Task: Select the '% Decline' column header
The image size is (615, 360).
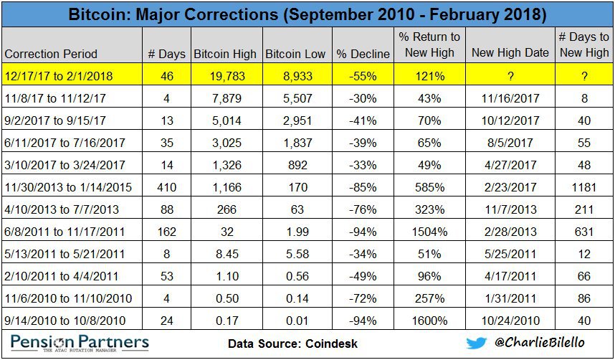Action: coord(363,55)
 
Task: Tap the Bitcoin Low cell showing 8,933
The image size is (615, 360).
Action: coord(297,76)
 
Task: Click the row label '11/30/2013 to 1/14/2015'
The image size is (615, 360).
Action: coord(68,187)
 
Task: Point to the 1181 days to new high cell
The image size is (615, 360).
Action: coord(584,187)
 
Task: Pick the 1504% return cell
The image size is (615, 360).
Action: coord(429,232)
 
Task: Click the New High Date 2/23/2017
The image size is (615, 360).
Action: coord(510,187)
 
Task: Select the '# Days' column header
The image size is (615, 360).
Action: coord(166,55)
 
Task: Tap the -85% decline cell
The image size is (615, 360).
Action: coord(363,187)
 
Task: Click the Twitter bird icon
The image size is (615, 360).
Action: coord(476,343)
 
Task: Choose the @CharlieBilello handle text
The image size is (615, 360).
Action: coord(539,342)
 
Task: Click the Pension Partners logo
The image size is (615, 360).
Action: coord(80,344)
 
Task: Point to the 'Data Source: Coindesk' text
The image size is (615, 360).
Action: coord(292,344)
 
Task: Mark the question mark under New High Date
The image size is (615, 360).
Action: coord(510,76)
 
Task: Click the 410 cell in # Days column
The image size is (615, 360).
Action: coord(167,187)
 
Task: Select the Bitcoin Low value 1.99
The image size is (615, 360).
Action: coord(297,232)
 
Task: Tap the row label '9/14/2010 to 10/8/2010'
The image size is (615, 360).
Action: coord(65,321)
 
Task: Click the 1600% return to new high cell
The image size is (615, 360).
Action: coord(429,321)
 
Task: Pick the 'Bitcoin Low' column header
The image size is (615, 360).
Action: coord(295,55)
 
